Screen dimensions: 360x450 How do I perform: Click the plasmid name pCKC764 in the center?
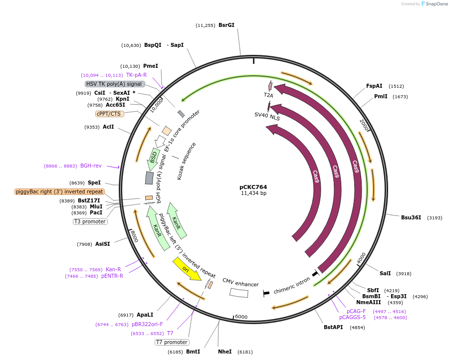(253, 187)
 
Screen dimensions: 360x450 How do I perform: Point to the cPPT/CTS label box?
(110, 114)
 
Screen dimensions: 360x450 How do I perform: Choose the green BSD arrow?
(154, 158)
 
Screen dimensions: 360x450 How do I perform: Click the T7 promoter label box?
(172, 342)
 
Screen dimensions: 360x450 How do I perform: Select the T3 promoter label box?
(90, 221)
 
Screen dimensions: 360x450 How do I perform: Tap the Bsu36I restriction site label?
(411, 217)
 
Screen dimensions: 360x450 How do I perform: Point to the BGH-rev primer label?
(91, 166)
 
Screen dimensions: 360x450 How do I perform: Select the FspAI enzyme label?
(374, 86)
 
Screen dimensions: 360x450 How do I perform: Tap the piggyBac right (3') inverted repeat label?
(60, 191)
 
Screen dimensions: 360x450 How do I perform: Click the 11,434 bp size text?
(253, 193)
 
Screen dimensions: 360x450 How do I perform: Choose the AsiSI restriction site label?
(102, 244)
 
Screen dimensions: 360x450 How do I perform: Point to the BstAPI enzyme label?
(334, 327)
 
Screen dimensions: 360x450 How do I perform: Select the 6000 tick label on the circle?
(241, 317)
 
